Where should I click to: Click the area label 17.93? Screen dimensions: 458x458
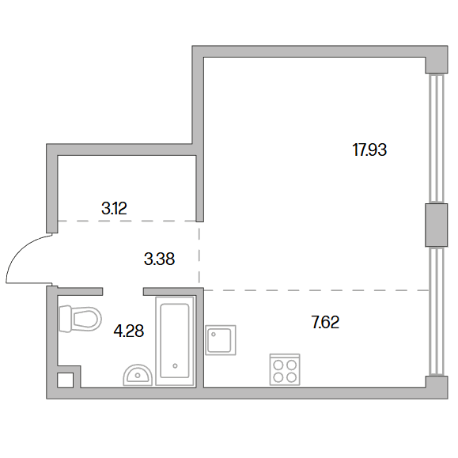coord(369,150)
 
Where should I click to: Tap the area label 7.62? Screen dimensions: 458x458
coord(325,323)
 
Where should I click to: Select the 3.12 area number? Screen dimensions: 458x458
coord(114,209)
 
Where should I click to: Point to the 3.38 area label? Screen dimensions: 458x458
coord(159,259)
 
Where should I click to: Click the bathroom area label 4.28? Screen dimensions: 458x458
coord(128,331)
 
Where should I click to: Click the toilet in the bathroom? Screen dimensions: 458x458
coord(80,319)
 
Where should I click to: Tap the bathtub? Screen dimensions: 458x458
coord(175,341)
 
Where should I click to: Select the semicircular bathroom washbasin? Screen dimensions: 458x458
coord(138,375)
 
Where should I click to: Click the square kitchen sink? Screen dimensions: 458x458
coord(221,340)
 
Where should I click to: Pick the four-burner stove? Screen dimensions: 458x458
coord(285,369)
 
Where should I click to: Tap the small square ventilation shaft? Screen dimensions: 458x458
coord(65,380)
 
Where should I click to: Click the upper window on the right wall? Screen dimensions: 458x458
coord(437,138)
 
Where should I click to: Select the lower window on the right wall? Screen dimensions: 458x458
coord(437,312)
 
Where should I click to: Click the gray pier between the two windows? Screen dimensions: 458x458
coord(437,225)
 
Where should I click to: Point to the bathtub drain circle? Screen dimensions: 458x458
coord(175,365)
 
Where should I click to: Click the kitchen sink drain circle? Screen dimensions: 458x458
coord(214,335)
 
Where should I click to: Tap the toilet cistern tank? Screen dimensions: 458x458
coord(65,319)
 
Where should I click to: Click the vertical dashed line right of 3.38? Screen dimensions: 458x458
coord(199,255)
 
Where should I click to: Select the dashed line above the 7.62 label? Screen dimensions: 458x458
coord(316,290)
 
